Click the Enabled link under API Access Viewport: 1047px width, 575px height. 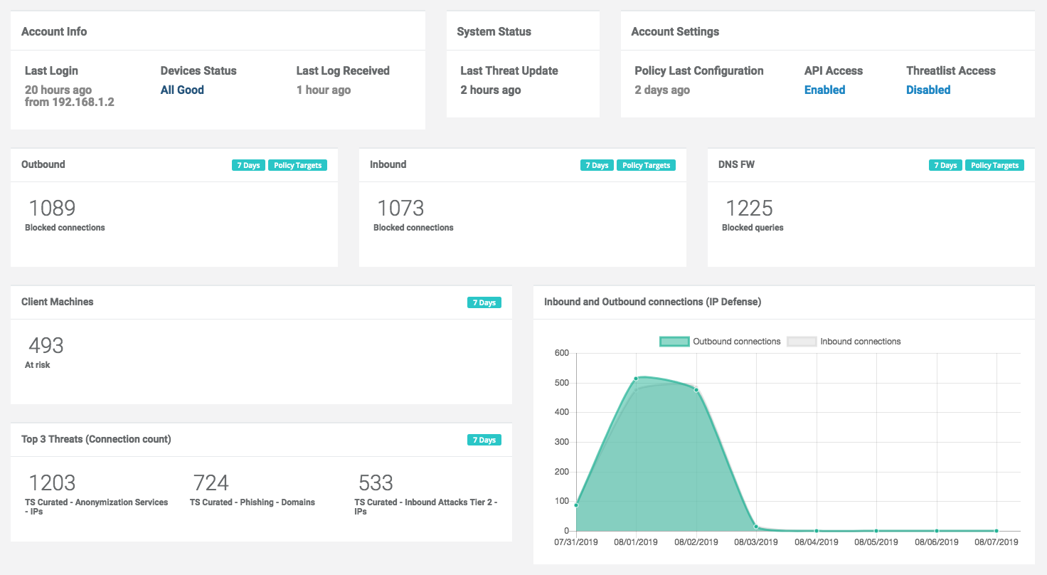pos(824,90)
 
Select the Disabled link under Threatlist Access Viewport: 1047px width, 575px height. pos(928,90)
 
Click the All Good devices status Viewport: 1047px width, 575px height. pos(182,90)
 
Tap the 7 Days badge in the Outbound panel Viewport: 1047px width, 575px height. pos(248,165)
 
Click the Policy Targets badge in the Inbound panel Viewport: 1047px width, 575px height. pos(646,165)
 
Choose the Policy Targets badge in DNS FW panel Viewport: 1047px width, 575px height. pos(994,165)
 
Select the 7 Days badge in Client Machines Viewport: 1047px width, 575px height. pos(484,302)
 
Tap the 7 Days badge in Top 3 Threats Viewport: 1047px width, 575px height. pos(484,440)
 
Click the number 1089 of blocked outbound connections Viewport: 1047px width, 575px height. pos(52,208)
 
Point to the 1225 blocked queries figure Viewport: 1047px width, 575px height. pos(749,208)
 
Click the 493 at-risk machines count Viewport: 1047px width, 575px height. pos(46,345)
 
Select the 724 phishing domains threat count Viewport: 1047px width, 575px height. pos(211,483)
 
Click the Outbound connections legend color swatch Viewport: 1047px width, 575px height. pos(674,342)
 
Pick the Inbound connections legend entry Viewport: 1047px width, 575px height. pos(844,342)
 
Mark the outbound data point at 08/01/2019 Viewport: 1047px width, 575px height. pos(636,379)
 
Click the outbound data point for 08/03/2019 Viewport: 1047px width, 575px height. pos(756,527)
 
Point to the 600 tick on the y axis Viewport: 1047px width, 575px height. pos(562,353)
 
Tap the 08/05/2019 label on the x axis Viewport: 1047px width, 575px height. pos(876,542)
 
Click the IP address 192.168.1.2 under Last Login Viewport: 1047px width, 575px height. pos(83,102)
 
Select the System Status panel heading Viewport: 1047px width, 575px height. pos(494,31)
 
